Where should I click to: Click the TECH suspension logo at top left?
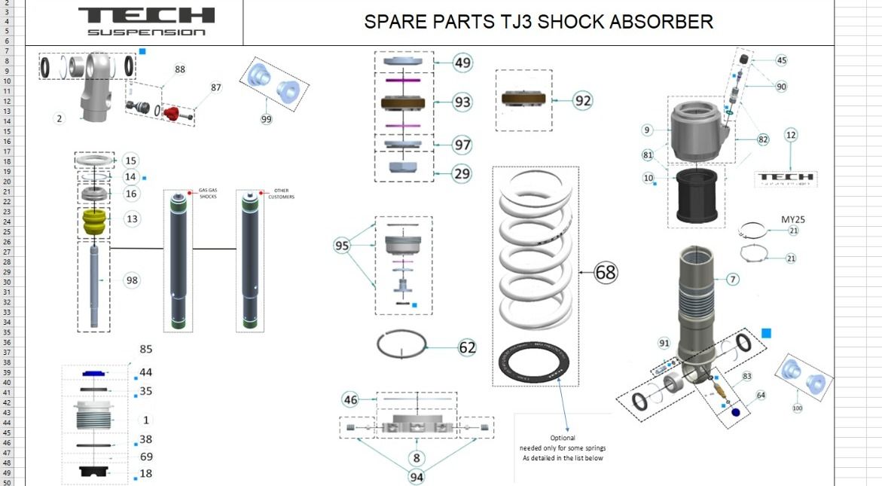pyautogui.click(x=146, y=20)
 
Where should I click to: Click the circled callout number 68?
pyautogui.click(x=605, y=272)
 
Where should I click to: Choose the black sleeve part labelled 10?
pyautogui.click(x=700, y=195)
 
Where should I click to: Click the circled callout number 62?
pyautogui.click(x=467, y=347)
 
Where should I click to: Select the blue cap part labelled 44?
pyautogui.click(x=93, y=373)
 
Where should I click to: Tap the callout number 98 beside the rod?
pyautogui.click(x=133, y=280)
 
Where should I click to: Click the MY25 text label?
pyautogui.click(x=793, y=219)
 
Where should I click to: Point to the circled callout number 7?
pyautogui.click(x=732, y=280)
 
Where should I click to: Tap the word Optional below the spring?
pyautogui.click(x=563, y=438)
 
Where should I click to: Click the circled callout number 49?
pyautogui.click(x=462, y=63)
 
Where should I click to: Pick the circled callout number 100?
pyautogui.click(x=798, y=408)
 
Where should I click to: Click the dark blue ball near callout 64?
pyautogui.click(x=736, y=412)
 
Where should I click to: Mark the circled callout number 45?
pyautogui.click(x=781, y=60)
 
